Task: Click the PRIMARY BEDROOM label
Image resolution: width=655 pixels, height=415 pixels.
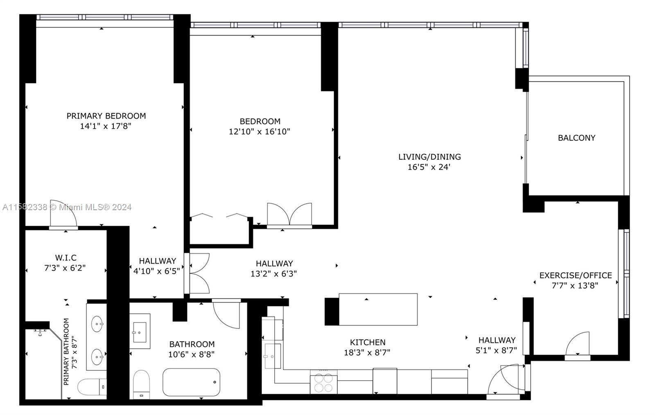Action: click(106, 116)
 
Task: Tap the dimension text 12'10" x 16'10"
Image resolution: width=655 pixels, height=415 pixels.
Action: click(260, 132)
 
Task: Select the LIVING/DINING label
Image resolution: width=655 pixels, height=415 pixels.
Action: click(429, 157)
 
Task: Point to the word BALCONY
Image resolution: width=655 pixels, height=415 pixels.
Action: click(577, 138)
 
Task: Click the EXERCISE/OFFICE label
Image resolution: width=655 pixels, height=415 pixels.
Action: click(576, 275)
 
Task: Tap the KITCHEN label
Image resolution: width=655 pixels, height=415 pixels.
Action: click(368, 342)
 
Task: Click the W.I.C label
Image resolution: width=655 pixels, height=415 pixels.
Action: click(66, 258)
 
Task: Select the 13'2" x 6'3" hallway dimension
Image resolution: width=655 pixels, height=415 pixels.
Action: click(274, 274)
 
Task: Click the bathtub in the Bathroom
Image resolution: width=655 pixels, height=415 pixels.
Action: click(191, 382)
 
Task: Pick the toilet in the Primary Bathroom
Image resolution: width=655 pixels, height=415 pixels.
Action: click(92, 387)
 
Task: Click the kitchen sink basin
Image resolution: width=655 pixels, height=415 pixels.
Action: click(273, 356)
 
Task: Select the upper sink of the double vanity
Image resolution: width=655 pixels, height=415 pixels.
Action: click(97, 324)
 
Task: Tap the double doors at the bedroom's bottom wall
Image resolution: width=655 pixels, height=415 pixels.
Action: click(289, 214)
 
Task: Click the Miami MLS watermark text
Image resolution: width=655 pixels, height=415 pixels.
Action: click(67, 207)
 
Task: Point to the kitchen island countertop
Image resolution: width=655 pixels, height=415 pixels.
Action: click(378, 309)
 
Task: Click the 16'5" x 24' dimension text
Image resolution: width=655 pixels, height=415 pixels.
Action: click(429, 167)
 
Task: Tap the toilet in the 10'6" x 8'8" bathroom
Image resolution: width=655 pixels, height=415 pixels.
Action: click(141, 385)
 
